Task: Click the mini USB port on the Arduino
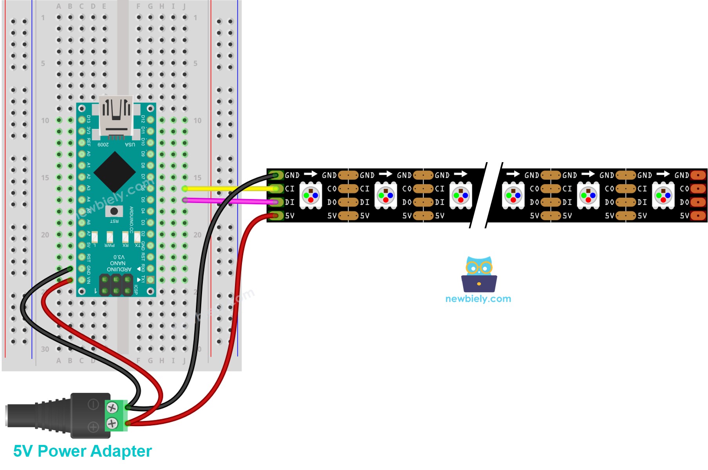point(116,116)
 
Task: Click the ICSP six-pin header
point(116,285)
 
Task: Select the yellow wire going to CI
point(231,189)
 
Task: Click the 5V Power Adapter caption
point(82,451)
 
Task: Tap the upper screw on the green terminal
point(112,408)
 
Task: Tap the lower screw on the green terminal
point(112,423)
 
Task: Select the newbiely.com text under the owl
point(478,299)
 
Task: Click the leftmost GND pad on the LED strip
point(276,175)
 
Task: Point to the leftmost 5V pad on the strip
point(276,215)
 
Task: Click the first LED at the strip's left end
point(311,195)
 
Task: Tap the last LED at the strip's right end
point(663,195)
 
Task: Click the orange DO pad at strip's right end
point(698,202)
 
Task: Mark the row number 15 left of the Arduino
point(45,178)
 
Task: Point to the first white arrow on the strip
point(311,174)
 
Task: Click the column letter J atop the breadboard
point(184,7)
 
